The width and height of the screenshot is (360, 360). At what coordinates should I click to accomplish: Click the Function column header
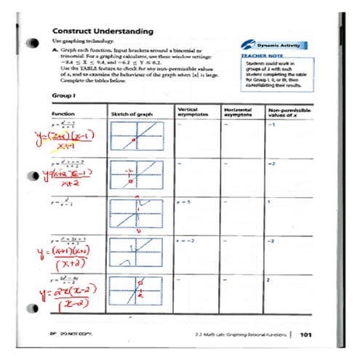63,115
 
